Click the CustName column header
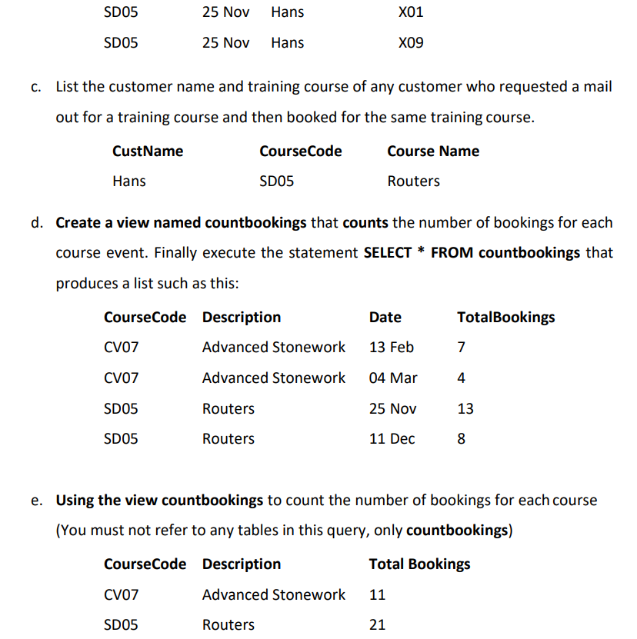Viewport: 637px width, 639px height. point(148,151)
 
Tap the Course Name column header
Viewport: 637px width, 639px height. point(433,151)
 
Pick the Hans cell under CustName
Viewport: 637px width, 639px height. point(128,181)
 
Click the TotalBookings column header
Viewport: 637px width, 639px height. point(505,318)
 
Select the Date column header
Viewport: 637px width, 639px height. point(385,318)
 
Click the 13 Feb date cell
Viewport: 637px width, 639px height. point(391,348)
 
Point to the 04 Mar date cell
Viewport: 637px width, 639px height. point(393,378)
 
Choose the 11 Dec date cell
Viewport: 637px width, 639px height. point(392,439)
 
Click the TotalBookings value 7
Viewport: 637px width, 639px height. point(461,348)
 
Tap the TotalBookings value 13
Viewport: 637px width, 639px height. point(465,409)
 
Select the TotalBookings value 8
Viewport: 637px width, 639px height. point(461,439)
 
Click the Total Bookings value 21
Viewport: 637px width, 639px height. point(377,625)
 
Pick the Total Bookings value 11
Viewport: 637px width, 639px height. point(377,595)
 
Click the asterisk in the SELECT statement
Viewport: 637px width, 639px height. point(421,251)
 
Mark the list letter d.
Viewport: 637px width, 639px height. point(37,223)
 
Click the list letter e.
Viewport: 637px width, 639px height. point(37,501)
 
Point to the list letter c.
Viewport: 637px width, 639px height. point(37,87)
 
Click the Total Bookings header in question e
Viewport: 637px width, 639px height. point(419,564)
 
